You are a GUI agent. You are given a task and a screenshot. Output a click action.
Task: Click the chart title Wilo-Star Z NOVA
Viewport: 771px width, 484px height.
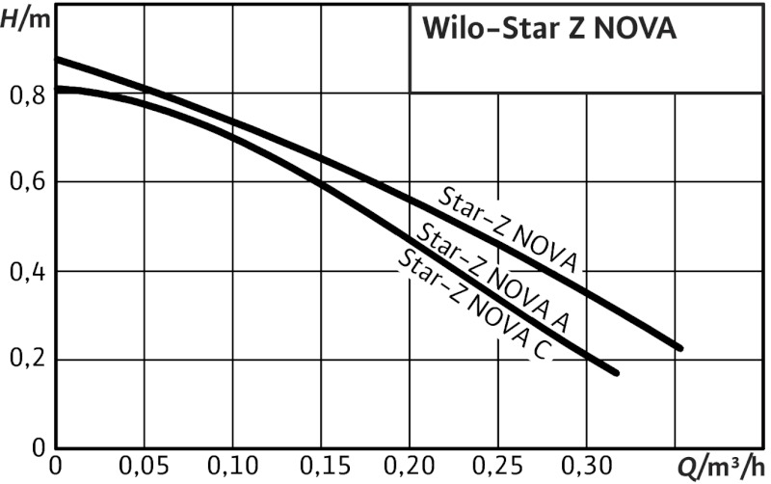point(549,30)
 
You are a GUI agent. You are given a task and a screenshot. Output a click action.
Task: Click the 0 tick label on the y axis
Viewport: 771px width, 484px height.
point(38,448)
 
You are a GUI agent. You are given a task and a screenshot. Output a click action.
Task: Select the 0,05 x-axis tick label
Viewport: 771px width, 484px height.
point(145,469)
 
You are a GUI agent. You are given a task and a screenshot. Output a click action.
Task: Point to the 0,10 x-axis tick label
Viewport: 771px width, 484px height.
point(232,469)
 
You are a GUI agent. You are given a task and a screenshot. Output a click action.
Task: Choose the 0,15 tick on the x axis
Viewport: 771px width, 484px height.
point(321,469)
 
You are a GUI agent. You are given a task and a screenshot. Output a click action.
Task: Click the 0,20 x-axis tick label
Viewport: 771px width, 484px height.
point(410,469)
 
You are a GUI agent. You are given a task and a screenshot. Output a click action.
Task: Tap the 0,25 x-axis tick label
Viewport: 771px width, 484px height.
point(498,469)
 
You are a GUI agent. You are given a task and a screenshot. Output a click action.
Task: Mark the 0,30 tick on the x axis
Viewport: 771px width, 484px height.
point(587,469)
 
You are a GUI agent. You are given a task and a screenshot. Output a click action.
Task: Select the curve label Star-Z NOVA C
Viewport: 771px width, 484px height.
point(474,305)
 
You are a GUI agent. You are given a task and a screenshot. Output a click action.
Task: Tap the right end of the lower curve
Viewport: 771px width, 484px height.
point(615,372)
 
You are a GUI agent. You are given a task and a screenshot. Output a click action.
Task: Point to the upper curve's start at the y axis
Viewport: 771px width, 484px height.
point(57,60)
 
